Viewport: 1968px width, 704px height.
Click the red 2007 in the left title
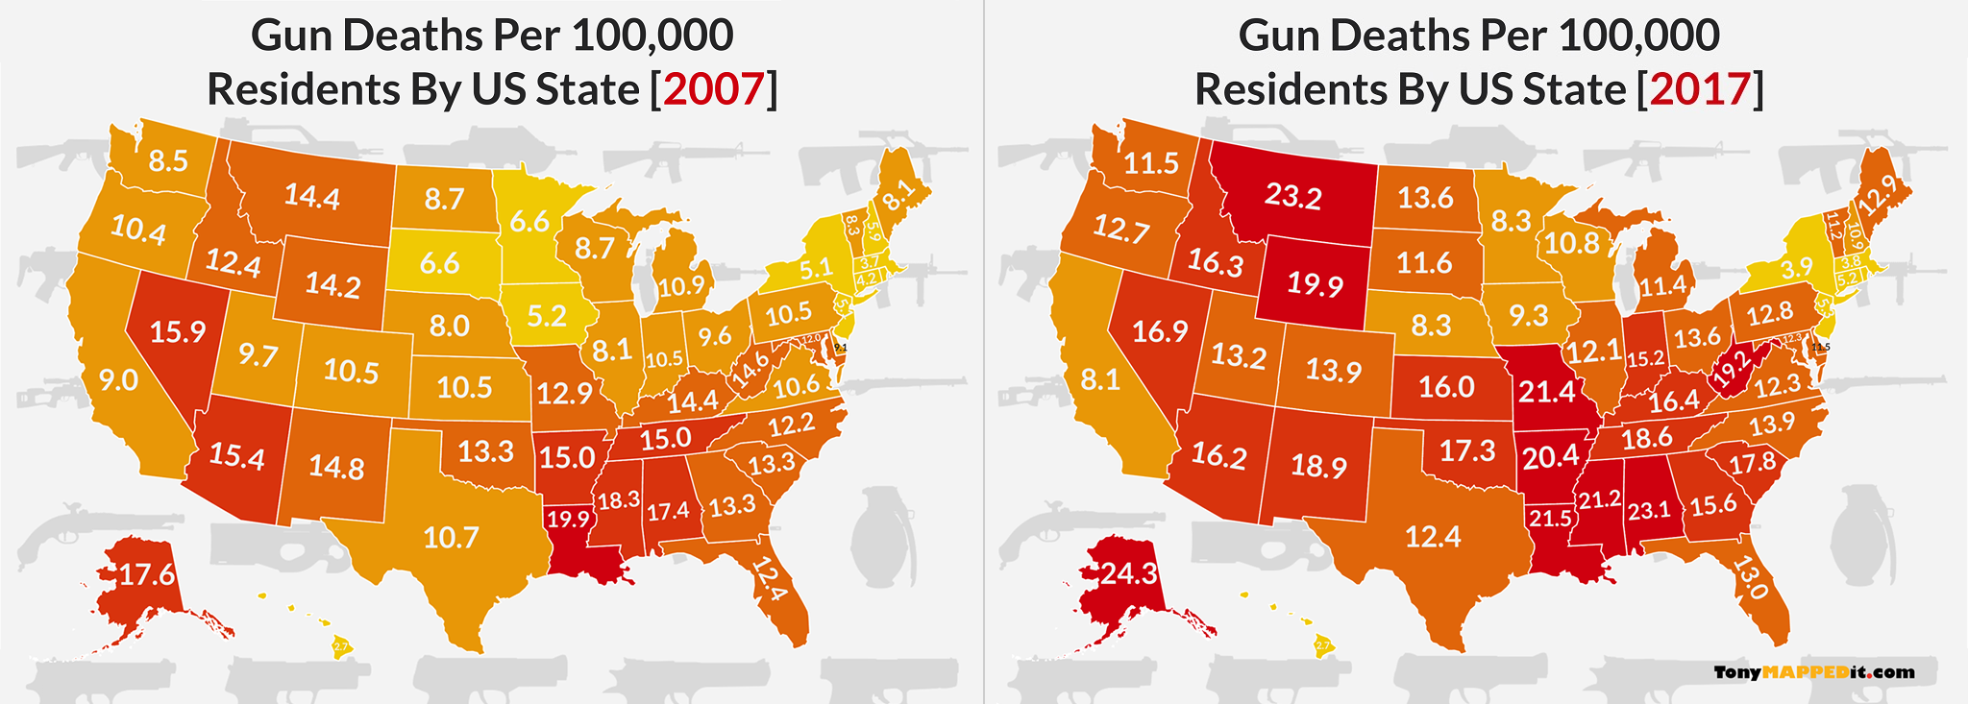(714, 89)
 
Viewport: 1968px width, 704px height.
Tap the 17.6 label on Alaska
(147, 575)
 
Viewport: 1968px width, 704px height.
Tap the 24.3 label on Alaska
(1128, 574)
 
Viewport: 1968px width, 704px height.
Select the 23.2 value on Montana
(1292, 196)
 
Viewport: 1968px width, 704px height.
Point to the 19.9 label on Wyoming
(1315, 284)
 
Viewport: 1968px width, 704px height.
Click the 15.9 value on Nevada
(178, 332)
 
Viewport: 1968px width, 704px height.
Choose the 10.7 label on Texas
(451, 537)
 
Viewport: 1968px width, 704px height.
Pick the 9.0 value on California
(119, 380)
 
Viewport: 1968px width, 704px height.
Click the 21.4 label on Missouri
(1547, 391)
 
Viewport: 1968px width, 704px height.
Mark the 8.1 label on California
(1100, 380)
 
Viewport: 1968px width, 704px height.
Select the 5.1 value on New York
(817, 268)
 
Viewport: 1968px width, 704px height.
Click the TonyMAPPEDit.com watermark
(1813, 672)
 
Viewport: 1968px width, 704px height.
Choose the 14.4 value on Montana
(312, 197)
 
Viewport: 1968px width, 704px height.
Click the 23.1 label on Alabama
(1649, 510)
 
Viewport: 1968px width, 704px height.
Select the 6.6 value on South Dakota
(439, 262)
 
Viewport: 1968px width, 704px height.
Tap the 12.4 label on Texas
(1433, 537)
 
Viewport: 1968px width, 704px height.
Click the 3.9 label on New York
(1796, 269)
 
